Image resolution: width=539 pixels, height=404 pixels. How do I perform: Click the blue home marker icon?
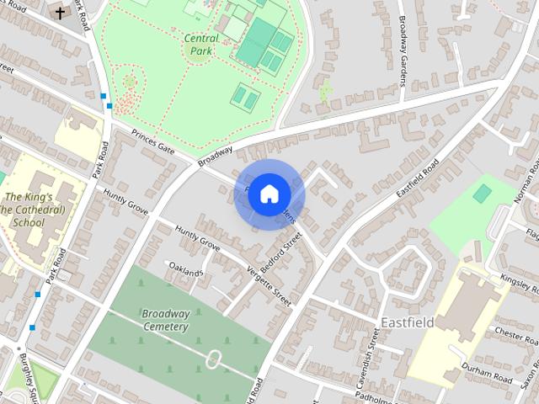point(268,194)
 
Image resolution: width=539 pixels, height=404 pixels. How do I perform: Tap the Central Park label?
point(200,44)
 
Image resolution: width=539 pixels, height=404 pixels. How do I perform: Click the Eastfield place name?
point(407,322)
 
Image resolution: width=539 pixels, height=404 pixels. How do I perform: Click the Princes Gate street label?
point(152,145)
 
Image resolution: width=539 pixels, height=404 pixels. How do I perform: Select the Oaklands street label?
point(185,272)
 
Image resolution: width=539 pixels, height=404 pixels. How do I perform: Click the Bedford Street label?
point(280,252)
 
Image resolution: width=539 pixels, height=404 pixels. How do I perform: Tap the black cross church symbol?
point(60,12)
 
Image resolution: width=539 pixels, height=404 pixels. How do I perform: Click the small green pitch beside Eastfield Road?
point(481,194)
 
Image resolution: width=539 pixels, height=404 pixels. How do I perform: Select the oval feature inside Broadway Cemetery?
point(214,360)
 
